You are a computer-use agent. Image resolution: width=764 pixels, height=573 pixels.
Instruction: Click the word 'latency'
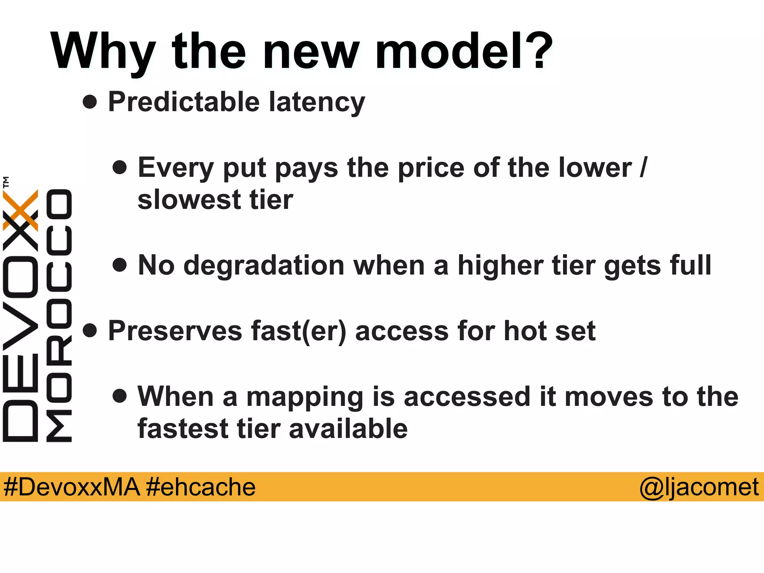317,103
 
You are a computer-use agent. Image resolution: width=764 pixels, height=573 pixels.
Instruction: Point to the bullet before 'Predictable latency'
90,102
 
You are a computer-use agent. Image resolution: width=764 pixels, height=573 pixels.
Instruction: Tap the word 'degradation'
264,265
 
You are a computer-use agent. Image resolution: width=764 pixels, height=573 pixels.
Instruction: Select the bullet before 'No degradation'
119,265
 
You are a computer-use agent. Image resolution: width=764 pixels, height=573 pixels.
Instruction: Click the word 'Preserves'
175,331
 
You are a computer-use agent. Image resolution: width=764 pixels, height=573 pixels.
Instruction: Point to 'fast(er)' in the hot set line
299,331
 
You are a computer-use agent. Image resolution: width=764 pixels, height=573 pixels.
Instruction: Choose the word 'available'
348,429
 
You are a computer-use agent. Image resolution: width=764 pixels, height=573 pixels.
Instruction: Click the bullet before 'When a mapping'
119,396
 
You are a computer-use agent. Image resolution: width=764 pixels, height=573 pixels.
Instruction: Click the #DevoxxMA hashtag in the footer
72,487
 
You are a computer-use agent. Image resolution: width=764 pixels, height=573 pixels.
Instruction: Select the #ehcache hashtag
201,487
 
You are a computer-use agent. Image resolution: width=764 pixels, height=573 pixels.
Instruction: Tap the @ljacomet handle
699,488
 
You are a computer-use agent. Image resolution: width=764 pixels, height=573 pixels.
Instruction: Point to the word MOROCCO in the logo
59,316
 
